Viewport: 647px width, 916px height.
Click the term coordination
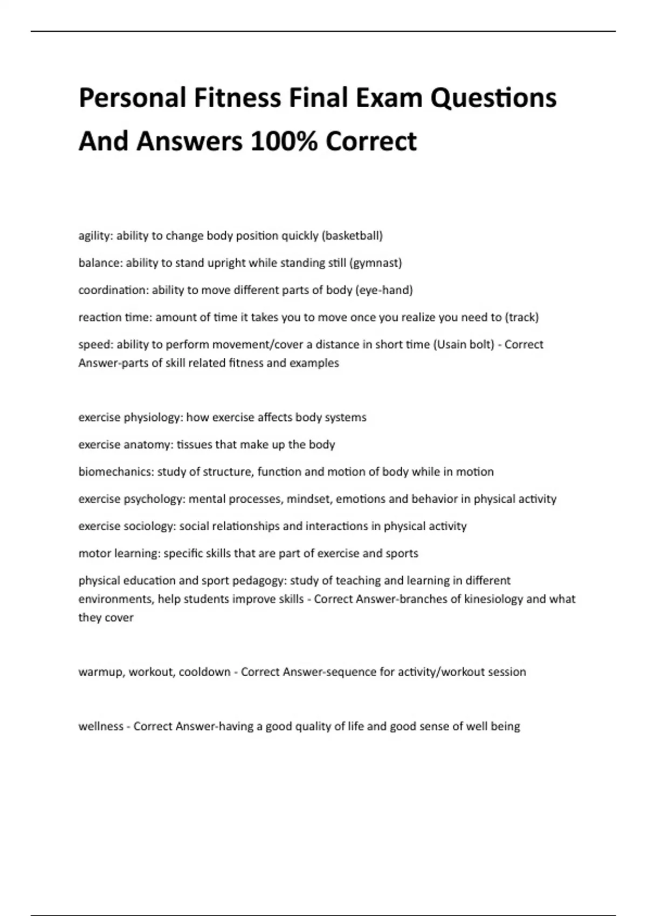tap(113, 290)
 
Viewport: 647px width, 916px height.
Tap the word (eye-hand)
tap(384, 290)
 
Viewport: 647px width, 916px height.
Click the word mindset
tap(309, 499)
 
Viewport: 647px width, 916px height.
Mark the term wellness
tap(101, 726)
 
